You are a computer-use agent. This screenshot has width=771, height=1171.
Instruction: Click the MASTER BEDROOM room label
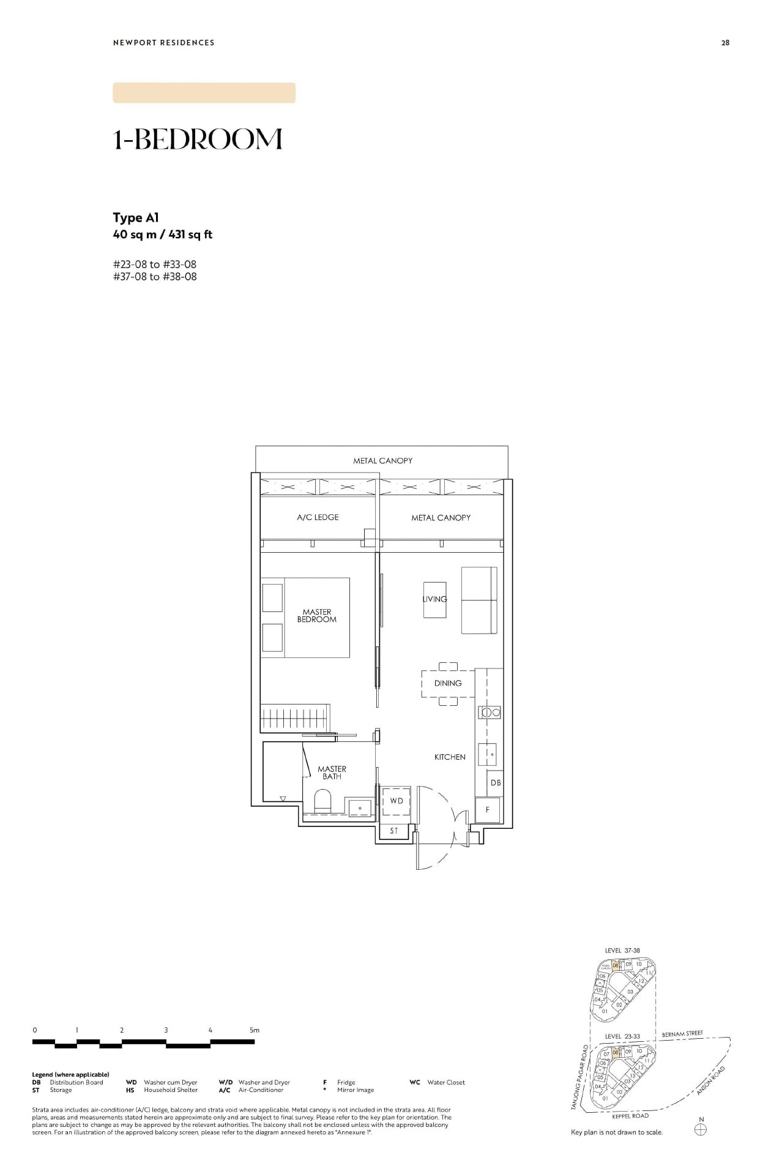[x=317, y=616]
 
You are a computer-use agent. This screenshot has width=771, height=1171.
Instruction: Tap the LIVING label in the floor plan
[x=434, y=599]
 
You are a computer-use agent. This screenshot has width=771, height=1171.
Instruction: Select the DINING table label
[x=448, y=683]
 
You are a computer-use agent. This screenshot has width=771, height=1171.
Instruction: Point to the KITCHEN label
[x=450, y=757]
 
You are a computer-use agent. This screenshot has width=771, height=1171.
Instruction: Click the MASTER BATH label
[x=332, y=773]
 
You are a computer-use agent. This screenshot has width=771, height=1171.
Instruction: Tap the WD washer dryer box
[x=397, y=801]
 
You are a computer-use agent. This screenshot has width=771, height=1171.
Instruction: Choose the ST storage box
[x=393, y=831]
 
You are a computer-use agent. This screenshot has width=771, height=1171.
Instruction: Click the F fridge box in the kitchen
[x=488, y=810]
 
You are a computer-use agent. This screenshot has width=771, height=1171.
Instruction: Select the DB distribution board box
[x=495, y=783]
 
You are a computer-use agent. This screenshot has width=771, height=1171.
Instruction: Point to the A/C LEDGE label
[x=318, y=517]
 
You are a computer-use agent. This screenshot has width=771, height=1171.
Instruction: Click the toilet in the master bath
[x=322, y=801]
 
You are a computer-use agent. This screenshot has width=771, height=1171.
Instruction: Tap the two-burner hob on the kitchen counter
[x=490, y=712]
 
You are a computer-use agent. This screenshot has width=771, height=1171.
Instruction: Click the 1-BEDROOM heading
[x=198, y=140]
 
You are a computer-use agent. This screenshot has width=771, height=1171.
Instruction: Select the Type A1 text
[x=136, y=218]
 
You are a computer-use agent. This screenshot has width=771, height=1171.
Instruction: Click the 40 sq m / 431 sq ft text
[x=162, y=234]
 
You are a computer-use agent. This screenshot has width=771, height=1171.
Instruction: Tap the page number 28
[x=725, y=43]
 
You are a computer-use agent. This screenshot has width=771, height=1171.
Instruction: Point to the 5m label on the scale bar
[x=255, y=1030]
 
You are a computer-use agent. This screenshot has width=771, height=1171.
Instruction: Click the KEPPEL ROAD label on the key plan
[x=630, y=1116]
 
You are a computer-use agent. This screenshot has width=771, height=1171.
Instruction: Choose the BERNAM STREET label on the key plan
[x=682, y=1034]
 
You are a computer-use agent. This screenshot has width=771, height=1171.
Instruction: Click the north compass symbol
[x=701, y=1129]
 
